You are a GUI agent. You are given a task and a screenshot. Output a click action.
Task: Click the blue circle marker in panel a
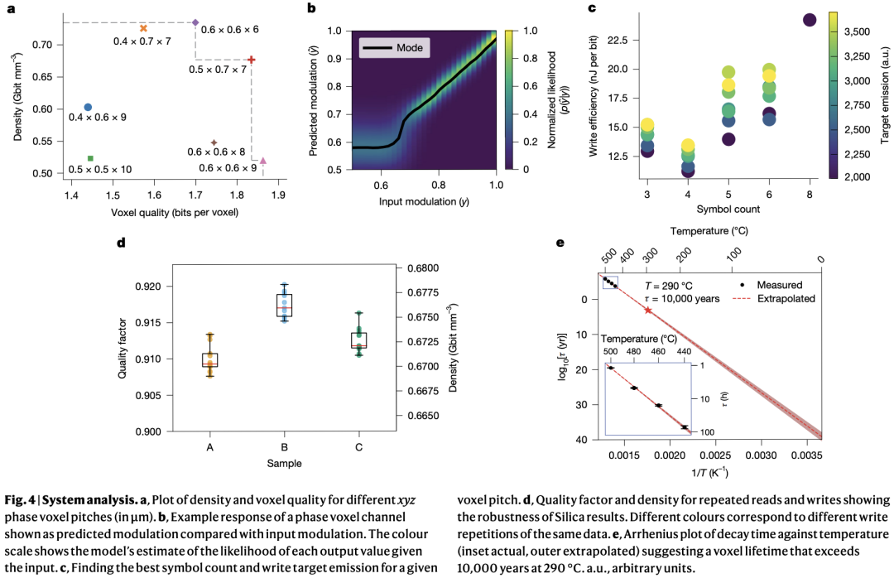click(88, 107)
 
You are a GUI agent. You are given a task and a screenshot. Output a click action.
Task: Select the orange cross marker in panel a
click(143, 28)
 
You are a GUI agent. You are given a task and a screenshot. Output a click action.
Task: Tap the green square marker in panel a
click(89, 158)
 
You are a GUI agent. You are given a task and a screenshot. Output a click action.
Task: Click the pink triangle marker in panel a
click(262, 161)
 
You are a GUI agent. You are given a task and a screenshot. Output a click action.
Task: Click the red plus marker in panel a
click(251, 60)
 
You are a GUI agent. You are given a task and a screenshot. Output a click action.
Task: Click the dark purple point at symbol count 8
click(810, 20)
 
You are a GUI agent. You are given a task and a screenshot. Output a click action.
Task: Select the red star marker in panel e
click(648, 311)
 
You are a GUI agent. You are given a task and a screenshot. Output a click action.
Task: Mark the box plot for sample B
click(285, 304)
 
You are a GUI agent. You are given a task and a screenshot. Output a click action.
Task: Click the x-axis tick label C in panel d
click(358, 447)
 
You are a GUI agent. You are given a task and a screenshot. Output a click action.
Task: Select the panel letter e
click(560, 243)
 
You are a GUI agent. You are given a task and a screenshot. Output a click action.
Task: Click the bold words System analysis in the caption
click(78, 500)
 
